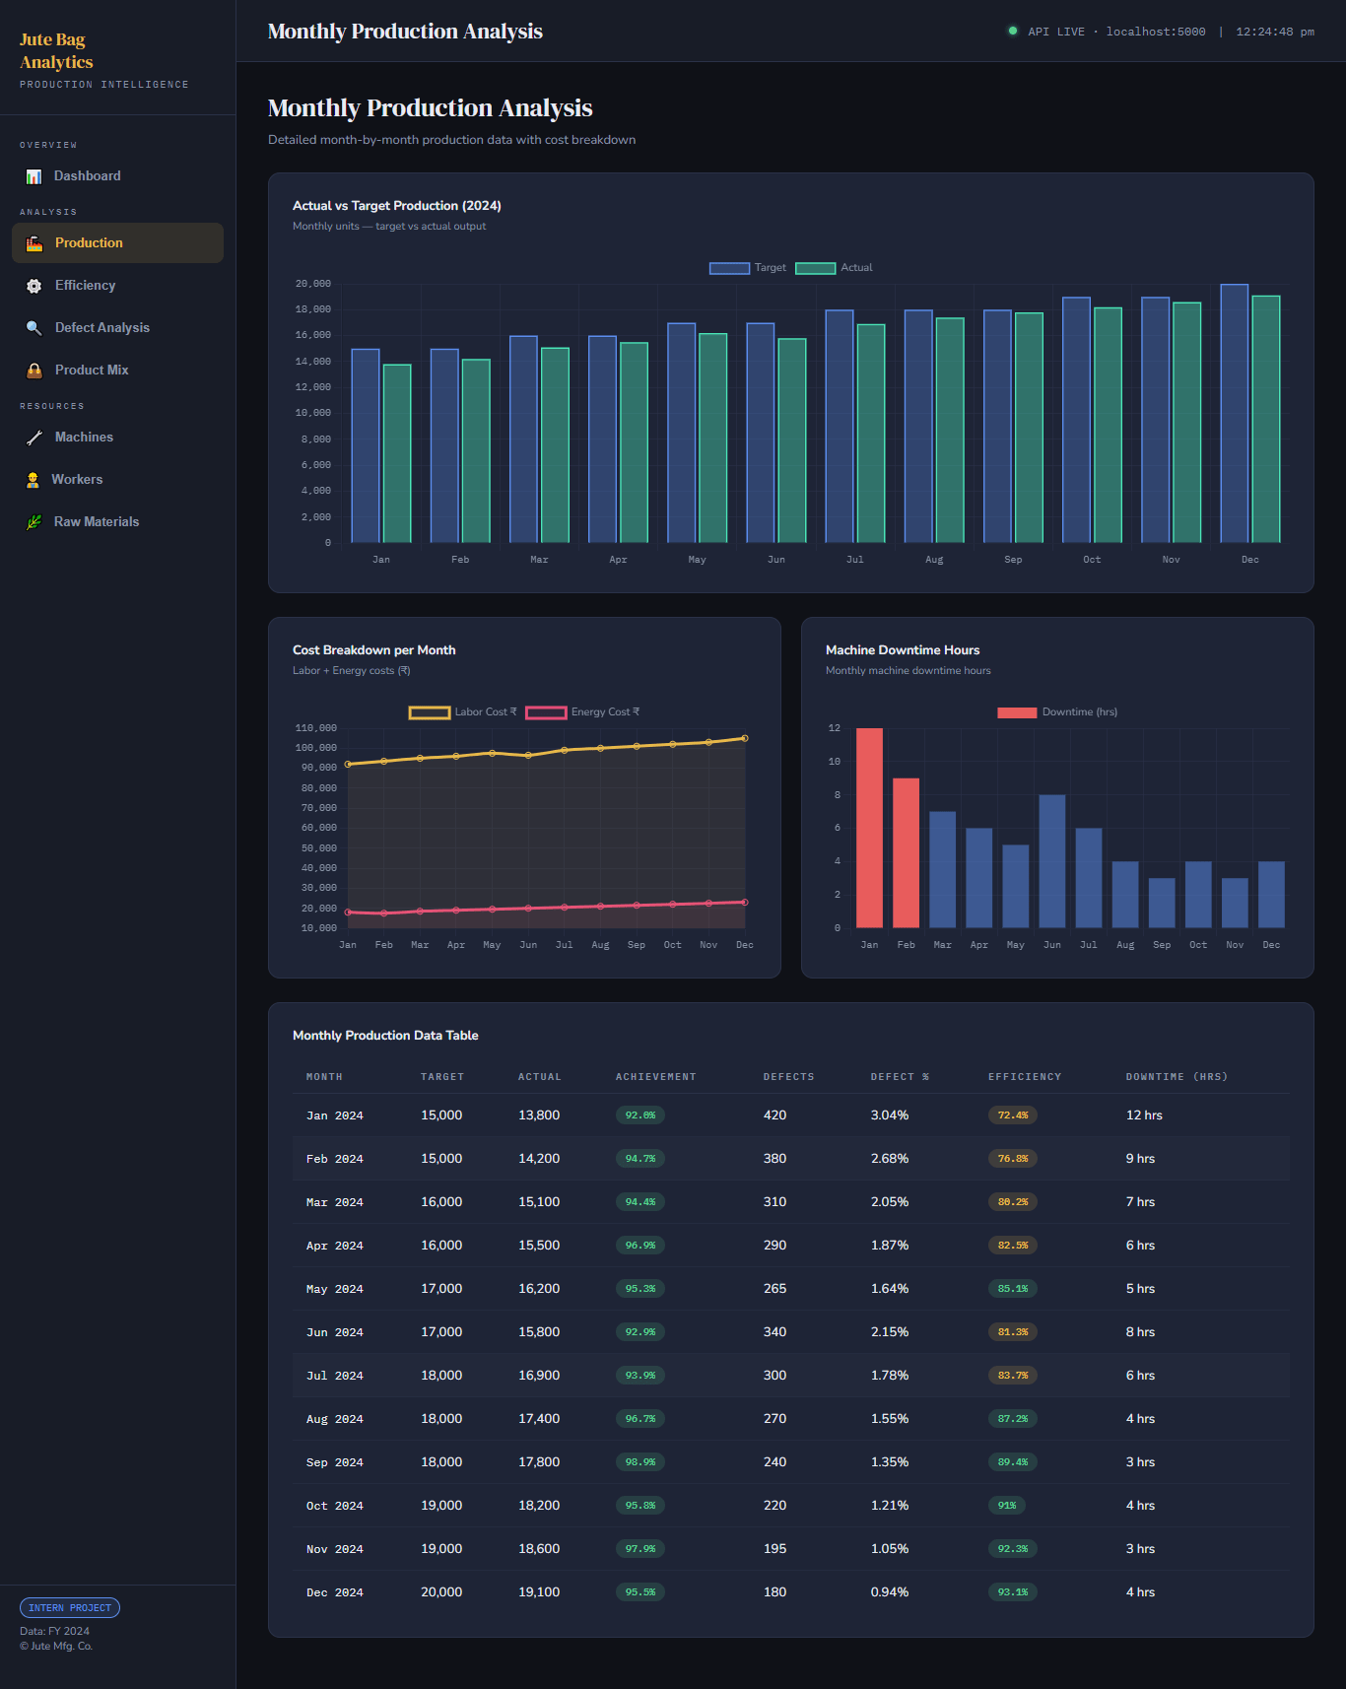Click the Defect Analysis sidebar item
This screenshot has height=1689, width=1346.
pos(89,328)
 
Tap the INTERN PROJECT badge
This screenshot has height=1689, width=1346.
pos(70,1608)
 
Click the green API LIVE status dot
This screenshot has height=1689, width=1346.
pos(1012,31)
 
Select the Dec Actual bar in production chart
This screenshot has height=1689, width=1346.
pos(1266,419)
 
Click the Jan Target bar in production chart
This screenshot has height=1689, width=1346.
pos(366,445)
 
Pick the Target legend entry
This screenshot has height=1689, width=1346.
pos(748,268)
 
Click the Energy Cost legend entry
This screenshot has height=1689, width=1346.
pos(582,712)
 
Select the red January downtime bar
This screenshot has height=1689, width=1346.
pos(869,828)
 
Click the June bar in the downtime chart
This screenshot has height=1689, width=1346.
pos(1052,861)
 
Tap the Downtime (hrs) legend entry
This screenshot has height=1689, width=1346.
pos(1057,712)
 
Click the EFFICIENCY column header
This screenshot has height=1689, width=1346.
pos(1025,1077)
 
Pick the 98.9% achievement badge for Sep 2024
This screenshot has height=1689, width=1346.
pos(640,1462)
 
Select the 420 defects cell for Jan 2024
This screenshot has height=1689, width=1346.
pos(775,1115)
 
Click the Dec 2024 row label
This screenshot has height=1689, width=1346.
pos(335,1592)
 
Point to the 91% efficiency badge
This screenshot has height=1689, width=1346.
pos(1007,1506)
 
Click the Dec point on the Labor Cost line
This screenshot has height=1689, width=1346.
pos(745,738)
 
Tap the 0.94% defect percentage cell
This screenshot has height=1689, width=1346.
pos(890,1592)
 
